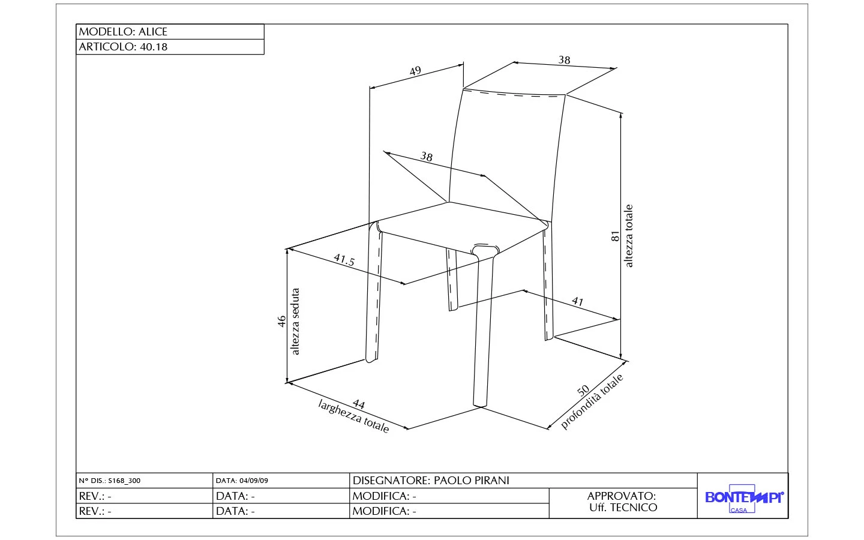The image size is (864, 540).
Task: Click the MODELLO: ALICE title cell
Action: tap(170, 32)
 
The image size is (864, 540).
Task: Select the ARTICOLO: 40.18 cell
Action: tap(170, 47)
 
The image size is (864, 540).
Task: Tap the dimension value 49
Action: tap(415, 71)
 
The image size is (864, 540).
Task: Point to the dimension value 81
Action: tap(615, 236)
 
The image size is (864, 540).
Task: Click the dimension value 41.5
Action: tap(344, 260)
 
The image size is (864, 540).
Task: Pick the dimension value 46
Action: tap(282, 322)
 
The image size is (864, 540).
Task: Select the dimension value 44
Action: tap(358, 404)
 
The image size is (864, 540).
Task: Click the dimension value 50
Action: tap(583, 390)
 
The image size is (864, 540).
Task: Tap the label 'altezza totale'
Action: tap(629, 236)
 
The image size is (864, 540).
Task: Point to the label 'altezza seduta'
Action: tap(295, 322)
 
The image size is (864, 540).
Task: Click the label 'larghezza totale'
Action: tap(353, 416)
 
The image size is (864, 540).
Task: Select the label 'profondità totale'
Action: tap(593, 402)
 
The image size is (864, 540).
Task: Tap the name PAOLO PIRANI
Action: tap(471, 481)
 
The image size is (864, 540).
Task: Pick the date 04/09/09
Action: tap(254, 481)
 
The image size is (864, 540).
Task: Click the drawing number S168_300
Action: tap(124, 481)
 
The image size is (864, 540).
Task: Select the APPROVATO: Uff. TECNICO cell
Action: tap(622, 502)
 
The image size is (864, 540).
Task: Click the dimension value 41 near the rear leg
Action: tap(577, 301)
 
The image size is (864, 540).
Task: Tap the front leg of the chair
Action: tap(484, 330)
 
